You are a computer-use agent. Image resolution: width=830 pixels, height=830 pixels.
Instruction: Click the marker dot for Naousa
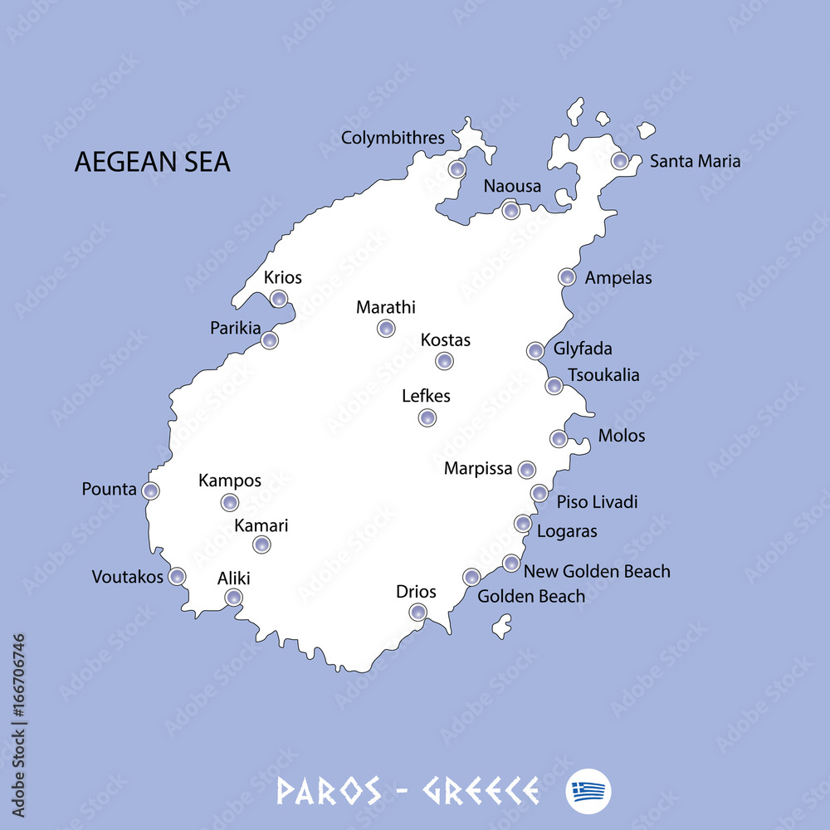(x=511, y=210)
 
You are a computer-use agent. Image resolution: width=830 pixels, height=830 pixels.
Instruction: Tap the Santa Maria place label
(x=695, y=161)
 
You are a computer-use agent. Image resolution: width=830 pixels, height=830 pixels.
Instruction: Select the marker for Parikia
(x=269, y=340)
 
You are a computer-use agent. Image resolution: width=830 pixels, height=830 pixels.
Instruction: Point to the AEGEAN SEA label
(x=153, y=162)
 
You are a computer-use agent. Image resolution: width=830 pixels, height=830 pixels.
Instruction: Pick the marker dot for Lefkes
(x=427, y=417)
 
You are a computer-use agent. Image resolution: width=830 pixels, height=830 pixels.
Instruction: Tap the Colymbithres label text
(x=393, y=138)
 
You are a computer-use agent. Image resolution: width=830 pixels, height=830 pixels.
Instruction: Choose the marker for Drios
(x=418, y=613)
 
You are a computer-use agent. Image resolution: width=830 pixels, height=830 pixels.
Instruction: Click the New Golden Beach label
(x=597, y=571)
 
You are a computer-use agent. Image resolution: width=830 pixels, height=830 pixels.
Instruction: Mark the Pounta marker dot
(x=150, y=491)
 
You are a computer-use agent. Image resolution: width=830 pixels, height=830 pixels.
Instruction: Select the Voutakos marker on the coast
(x=177, y=577)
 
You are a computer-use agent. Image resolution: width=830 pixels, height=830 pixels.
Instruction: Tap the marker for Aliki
(x=234, y=598)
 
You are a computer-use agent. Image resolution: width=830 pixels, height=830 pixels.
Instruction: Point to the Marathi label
(x=386, y=307)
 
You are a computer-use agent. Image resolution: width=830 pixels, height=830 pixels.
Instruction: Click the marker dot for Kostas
(x=445, y=361)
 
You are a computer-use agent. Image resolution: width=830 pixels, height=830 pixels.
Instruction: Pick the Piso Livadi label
(x=597, y=501)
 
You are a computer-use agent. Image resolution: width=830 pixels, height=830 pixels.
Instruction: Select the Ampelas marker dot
(x=567, y=277)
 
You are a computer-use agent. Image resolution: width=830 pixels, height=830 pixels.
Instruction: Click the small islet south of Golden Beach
(x=501, y=626)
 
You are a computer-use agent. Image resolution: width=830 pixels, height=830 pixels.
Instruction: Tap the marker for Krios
(x=279, y=299)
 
